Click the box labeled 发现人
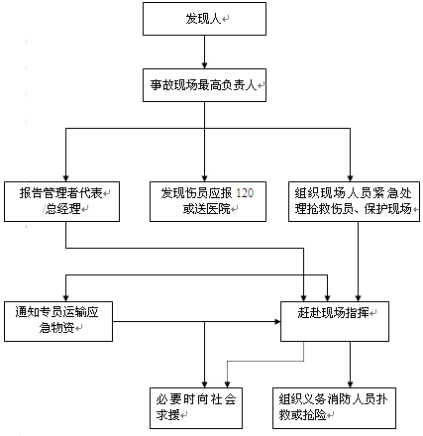click(204, 19)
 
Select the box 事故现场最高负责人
click(204, 85)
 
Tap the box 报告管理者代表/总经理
click(61, 201)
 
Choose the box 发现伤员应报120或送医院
click(208, 201)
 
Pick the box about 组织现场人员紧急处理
click(355, 201)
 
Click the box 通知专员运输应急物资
click(58, 321)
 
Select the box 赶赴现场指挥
click(335, 321)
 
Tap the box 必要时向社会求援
click(196, 408)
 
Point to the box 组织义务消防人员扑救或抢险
click(334, 408)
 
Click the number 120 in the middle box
click(245, 193)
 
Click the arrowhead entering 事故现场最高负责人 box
click(204, 65)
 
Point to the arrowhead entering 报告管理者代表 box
click(66, 177)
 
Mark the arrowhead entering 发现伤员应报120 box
click(204, 177)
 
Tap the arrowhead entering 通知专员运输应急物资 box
click(66, 297)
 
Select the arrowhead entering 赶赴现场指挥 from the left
click(276, 321)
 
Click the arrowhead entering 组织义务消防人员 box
click(351, 384)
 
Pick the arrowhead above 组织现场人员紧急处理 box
click(351, 177)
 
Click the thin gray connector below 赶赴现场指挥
click(265, 362)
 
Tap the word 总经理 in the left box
click(62, 209)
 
